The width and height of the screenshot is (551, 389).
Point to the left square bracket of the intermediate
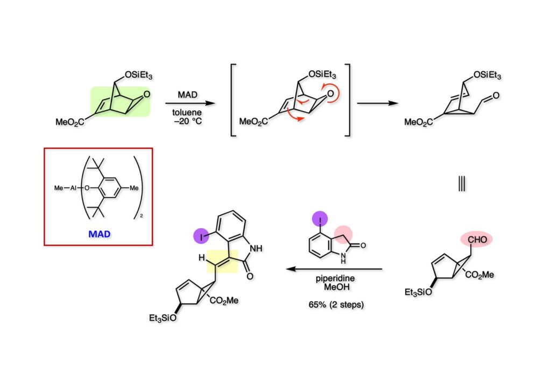pyautogui.click(x=233, y=100)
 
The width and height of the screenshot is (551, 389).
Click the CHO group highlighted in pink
pyautogui.click(x=475, y=240)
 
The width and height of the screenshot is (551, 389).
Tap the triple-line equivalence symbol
pyautogui.click(x=462, y=184)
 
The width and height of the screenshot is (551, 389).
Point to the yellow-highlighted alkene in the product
pyautogui.click(x=222, y=261)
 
